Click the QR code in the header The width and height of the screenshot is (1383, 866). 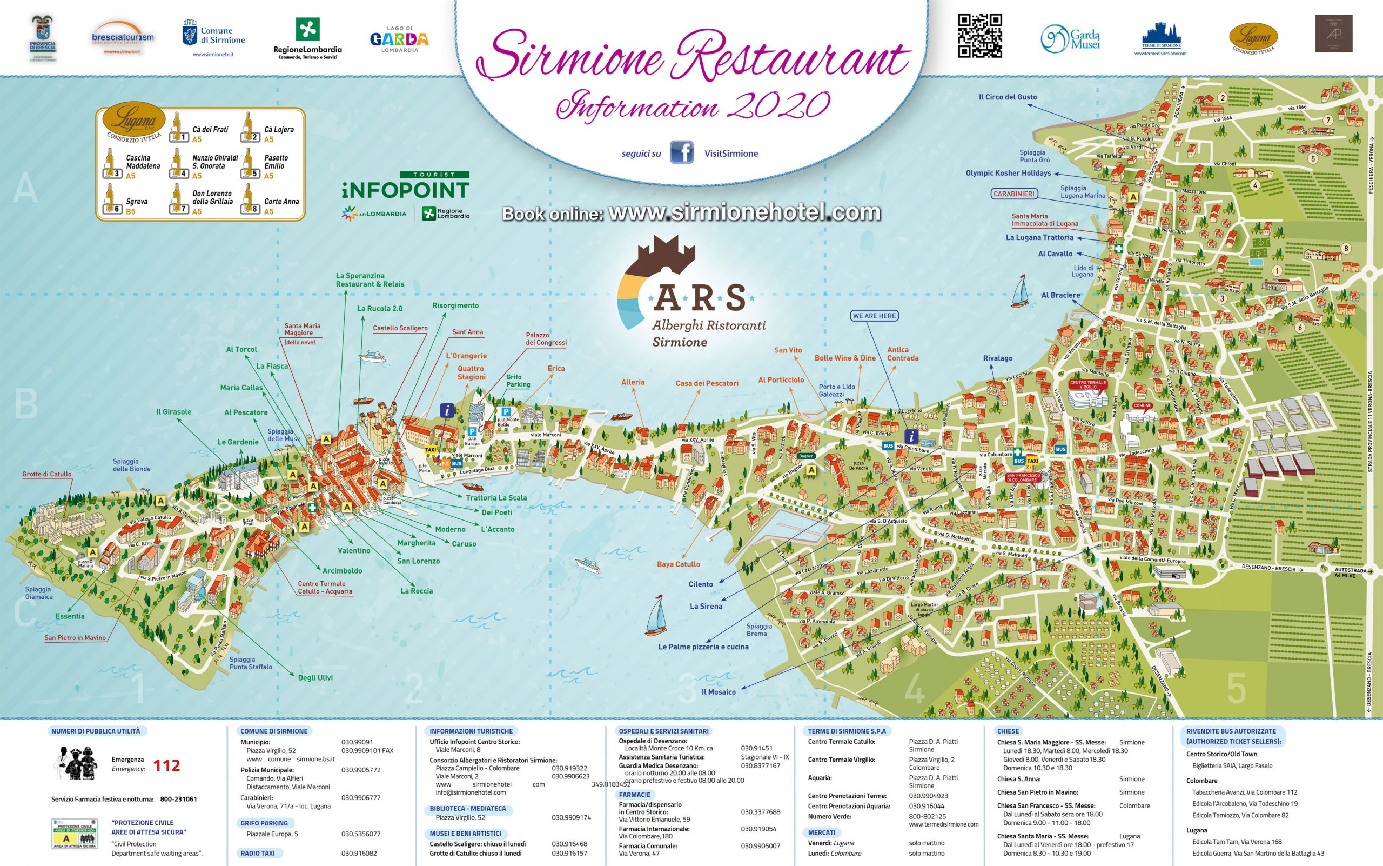980,36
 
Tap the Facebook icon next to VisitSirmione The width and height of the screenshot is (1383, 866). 681,153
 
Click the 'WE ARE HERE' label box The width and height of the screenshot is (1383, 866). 875,316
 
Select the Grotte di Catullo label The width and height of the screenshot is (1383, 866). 47,474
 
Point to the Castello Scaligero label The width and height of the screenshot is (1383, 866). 400,328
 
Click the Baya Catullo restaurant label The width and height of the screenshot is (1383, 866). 679,564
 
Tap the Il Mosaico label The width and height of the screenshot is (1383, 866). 719,692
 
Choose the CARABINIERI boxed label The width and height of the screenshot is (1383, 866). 1014,194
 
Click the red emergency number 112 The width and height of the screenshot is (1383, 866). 166,766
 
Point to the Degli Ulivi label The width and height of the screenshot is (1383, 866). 315,677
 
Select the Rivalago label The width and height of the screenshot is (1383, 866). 998,358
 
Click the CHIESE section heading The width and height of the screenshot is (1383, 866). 1008,731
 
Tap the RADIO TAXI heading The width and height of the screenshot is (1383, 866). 257,854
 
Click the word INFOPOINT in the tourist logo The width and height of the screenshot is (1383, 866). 405,190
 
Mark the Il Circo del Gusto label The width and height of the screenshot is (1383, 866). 1008,97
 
